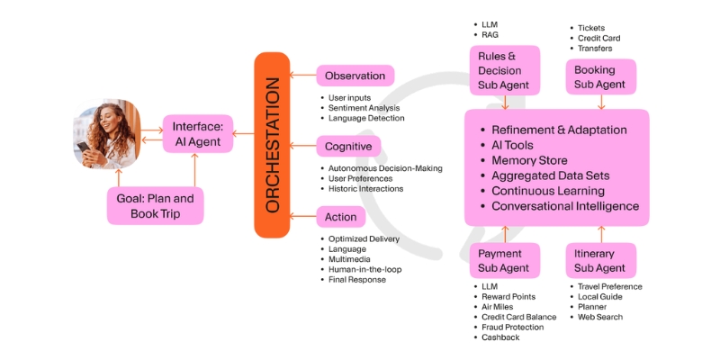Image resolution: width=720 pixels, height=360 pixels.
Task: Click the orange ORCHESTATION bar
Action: (274, 145)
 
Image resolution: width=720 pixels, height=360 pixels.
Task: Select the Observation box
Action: (355, 76)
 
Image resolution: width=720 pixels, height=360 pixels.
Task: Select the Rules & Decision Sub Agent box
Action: (504, 70)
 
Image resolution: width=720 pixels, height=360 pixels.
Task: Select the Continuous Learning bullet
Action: (547, 191)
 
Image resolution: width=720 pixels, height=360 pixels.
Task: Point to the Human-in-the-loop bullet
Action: (364, 269)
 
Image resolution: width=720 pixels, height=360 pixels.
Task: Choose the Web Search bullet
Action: (599, 317)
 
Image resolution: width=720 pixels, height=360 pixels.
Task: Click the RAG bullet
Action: (490, 35)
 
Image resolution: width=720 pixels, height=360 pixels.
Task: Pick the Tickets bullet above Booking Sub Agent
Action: (590, 28)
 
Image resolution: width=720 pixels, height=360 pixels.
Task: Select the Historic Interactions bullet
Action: (365, 188)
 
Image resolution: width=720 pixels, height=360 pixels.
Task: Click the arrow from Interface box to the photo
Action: (150, 133)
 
